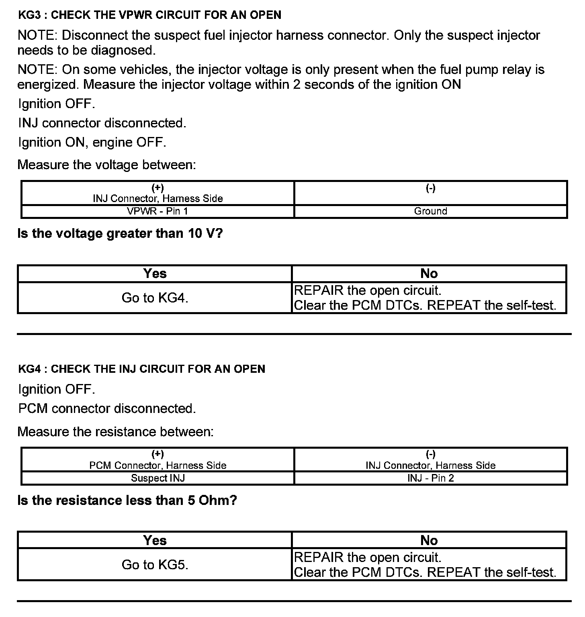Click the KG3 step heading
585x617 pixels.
click(x=149, y=15)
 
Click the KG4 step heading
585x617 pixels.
click(x=141, y=369)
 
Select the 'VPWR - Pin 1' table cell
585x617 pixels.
click(x=157, y=211)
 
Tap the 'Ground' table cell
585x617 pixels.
click(x=430, y=211)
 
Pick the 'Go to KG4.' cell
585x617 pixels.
click(x=155, y=298)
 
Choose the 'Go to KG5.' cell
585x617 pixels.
click(x=155, y=564)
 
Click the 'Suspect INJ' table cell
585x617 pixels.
click(x=157, y=478)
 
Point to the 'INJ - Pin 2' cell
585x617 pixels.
click(x=430, y=478)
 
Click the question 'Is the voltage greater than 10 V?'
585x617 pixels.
click(x=120, y=233)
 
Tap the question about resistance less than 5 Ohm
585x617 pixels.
click(x=127, y=501)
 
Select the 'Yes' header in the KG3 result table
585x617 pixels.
click(x=155, y=274)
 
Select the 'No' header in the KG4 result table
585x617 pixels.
click(x=429, y=540)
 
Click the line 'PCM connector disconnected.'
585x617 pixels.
click(x=107, y=409)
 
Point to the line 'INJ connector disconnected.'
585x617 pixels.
click(x=102, y=123)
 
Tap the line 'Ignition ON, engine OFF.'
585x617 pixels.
click(x=92, y=142)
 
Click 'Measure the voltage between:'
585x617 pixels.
click(x=106, y=165)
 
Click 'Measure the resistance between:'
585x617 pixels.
click(x=115, y=432)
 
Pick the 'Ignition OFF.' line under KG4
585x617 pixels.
click(x=57, y=389)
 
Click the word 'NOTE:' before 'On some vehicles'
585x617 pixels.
click(x=37, y=70)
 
